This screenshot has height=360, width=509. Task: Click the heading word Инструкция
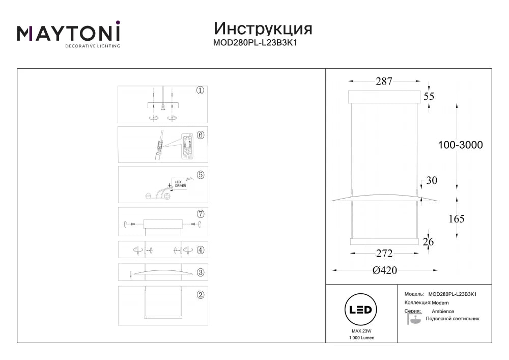263,29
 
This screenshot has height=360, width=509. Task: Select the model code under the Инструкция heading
255,43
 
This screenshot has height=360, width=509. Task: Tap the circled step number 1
200,91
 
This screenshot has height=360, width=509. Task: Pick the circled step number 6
201,135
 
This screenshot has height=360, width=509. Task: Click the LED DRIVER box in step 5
180,184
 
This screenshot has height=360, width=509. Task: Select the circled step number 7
201,214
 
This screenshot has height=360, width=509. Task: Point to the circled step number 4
201,251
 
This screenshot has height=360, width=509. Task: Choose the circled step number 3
201,273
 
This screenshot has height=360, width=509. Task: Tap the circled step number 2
201,295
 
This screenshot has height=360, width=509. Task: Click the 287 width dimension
384,81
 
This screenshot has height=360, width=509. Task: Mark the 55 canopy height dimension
429,96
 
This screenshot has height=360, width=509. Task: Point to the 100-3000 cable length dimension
460,145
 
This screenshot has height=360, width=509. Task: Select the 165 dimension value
457,219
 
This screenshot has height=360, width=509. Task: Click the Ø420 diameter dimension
385,270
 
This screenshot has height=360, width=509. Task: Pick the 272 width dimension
384,253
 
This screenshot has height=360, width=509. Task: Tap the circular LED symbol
360,310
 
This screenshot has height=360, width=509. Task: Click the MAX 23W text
361,331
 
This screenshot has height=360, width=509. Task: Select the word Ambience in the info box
443,311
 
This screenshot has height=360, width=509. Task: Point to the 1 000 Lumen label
361,338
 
